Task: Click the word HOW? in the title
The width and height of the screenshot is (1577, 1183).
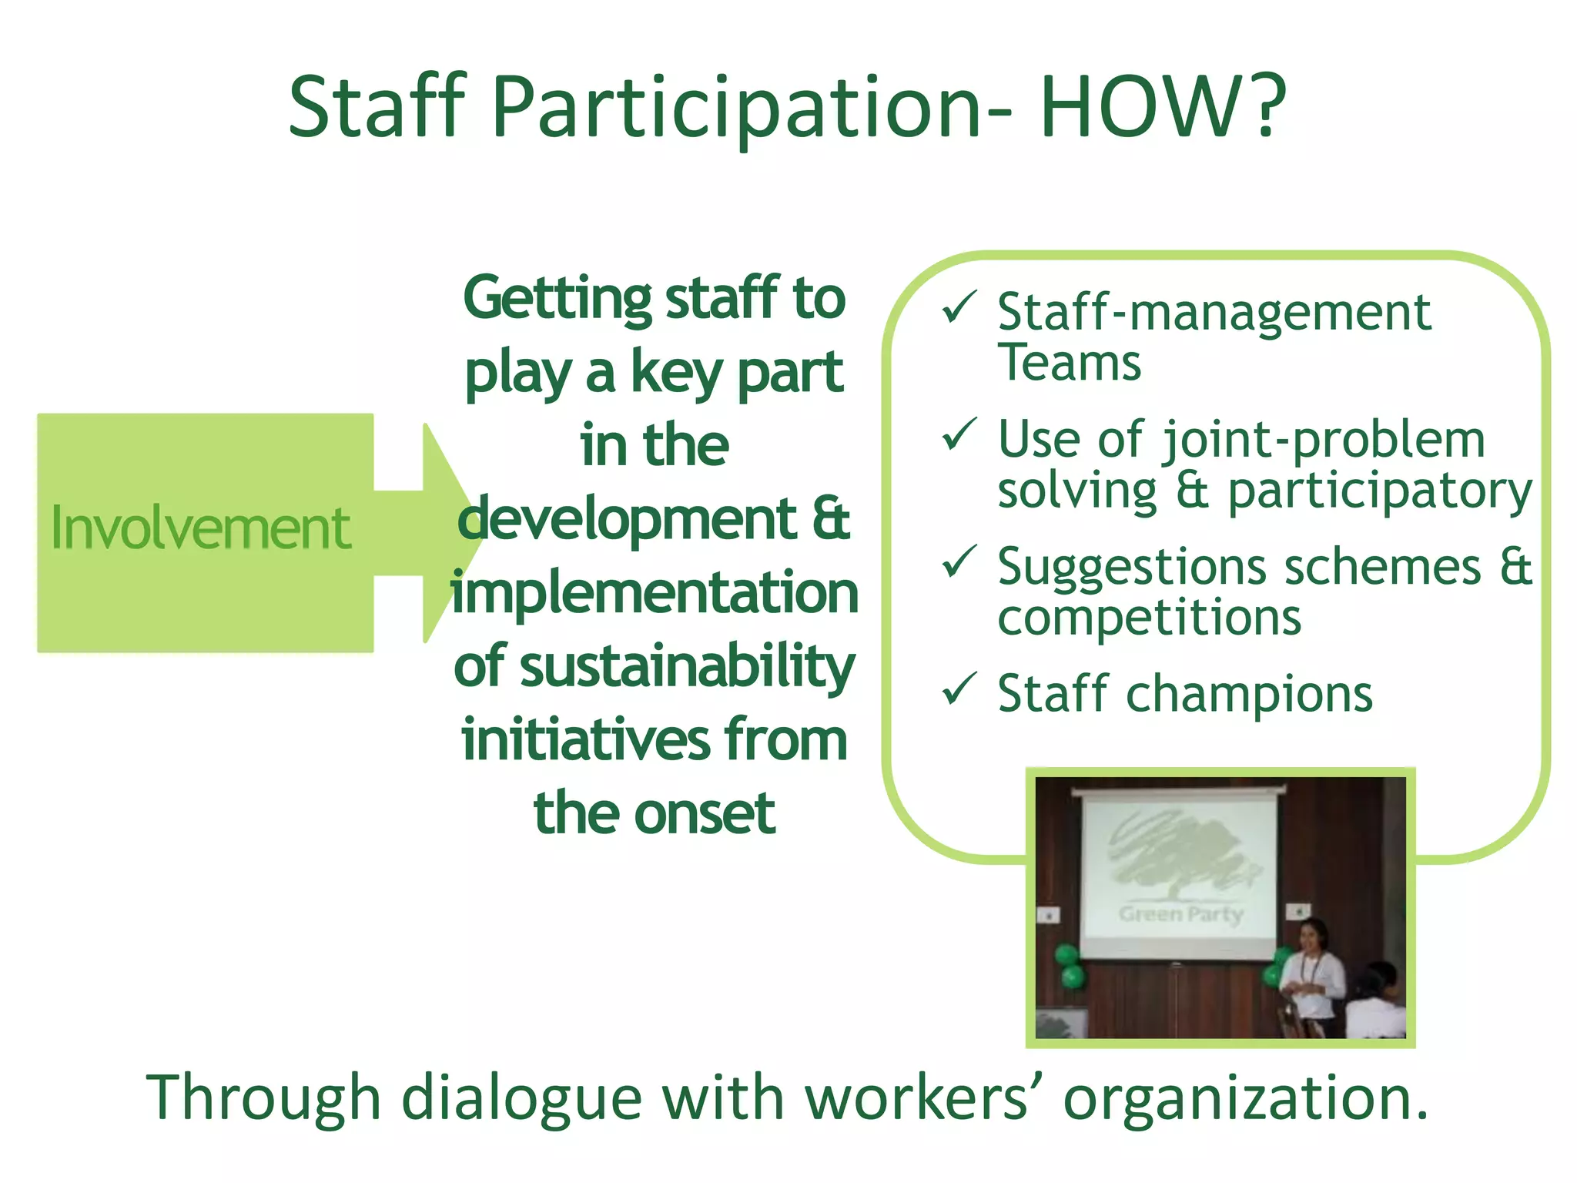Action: click(1163, 108)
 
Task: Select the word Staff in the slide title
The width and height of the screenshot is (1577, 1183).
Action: click(377, 108)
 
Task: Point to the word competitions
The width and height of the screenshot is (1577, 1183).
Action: click(1149, 618)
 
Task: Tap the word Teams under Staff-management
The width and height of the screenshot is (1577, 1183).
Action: click(1069, 364)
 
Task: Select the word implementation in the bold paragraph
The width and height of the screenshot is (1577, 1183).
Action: click(655, 593)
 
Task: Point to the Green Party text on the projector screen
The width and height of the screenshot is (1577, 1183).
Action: click(1180, 914)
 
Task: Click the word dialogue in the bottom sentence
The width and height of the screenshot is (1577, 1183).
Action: click(522, 1098)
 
